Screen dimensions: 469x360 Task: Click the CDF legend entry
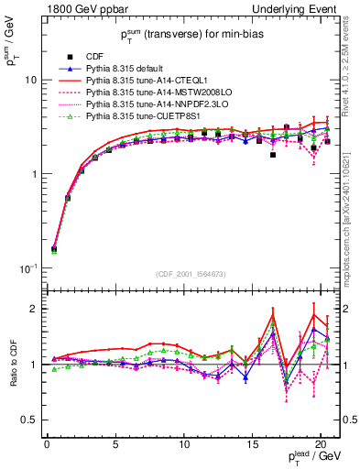tap(91, 57)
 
